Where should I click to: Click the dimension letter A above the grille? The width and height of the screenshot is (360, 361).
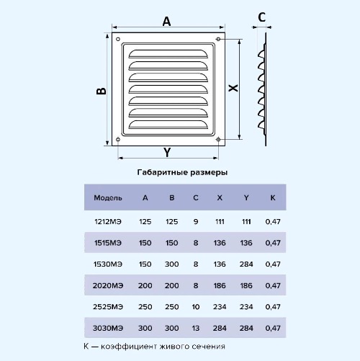pos(166,22)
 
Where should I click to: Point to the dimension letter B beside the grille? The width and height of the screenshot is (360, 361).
pos(101,91)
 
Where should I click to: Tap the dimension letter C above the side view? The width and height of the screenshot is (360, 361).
pos(261,17)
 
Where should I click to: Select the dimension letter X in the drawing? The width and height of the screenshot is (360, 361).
pos(233,88)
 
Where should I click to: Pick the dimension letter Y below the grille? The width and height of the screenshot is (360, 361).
pos(167,152)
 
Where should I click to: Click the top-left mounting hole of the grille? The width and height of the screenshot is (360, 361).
pos(118,39)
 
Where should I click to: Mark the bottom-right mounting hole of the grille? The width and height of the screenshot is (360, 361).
pos(218,139)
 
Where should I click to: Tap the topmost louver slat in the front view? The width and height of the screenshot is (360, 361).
pos(168,54)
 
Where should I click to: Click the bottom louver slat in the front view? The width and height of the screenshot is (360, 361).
pos(168,125)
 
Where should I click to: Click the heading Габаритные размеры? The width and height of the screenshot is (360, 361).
pos(182,172)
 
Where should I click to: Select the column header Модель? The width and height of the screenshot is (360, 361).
pos(108,198)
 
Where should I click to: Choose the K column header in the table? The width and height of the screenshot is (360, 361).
pos(273,197)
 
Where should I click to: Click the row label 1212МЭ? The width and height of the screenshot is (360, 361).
pos(108,221)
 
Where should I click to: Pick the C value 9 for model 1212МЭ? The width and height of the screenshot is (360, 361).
pos(196,221)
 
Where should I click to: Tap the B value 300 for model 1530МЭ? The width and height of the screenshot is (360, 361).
pos(171,264)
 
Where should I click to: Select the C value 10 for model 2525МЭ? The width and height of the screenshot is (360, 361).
pos(196,307)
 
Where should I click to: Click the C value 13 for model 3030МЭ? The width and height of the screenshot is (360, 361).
pos(196,328)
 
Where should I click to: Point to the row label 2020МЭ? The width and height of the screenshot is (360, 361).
pos(108,285)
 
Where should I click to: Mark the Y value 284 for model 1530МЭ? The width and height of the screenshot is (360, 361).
pos(246,264)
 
